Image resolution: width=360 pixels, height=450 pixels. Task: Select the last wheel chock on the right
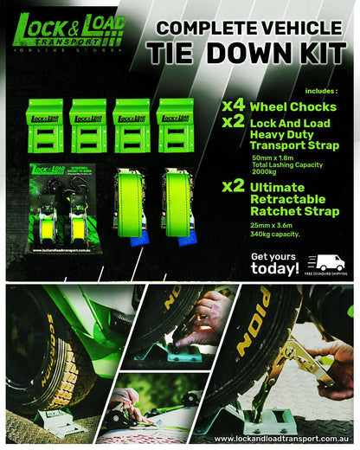pyautogui.click(x=175, y=125)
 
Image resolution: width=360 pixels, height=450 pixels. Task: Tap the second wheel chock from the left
pyautogui.click(x=89, y=125)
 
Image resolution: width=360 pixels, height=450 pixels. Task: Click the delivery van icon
pyautogui.click(x=331, y=263)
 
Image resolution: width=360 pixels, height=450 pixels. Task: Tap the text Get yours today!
pyautogui.click(x=275, y=264)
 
